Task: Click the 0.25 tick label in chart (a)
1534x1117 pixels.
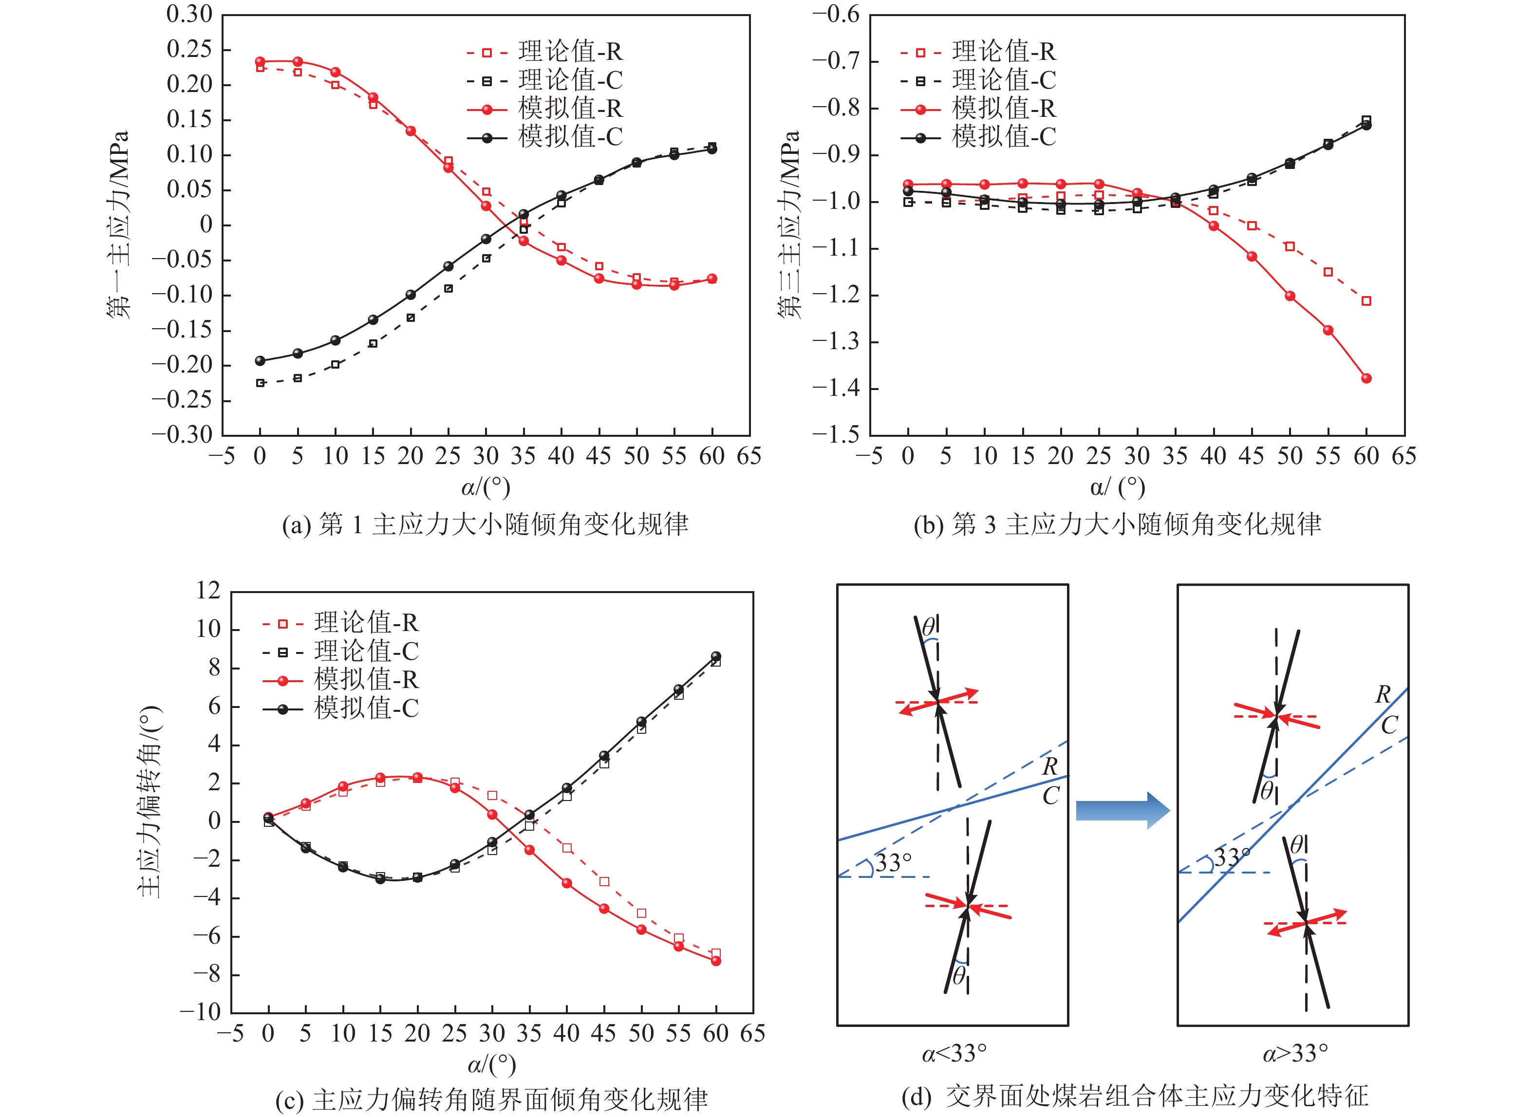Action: [189, 49]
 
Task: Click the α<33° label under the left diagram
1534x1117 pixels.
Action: [954, 1053]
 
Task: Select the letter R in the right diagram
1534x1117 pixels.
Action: [1383, 694]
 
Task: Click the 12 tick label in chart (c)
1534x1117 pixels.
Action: [208, 591]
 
